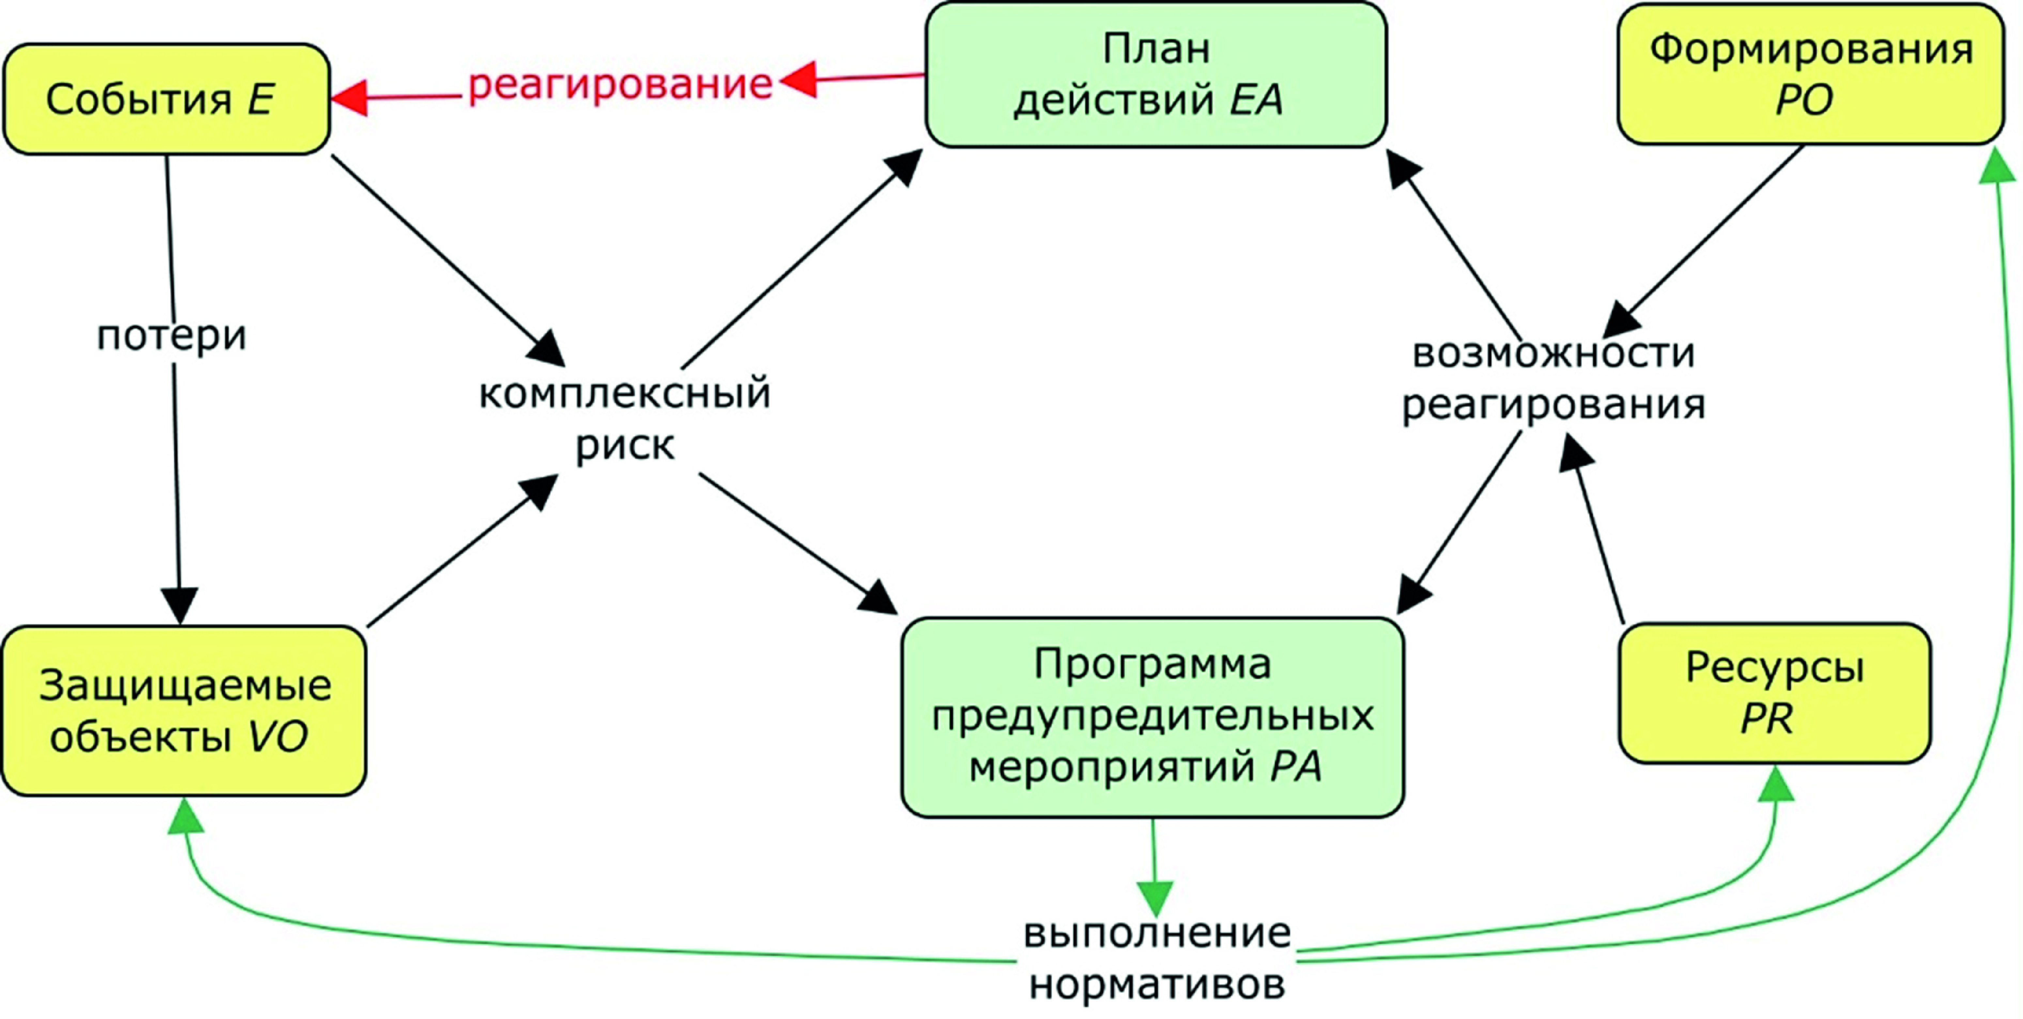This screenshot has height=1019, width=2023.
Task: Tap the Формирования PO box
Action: pos(1810,75)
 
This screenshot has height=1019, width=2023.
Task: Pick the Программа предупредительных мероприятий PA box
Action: pos(1152,716)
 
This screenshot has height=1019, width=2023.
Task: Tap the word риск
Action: pos(624,445)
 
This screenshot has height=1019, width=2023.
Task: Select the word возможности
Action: pos(1553,353)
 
